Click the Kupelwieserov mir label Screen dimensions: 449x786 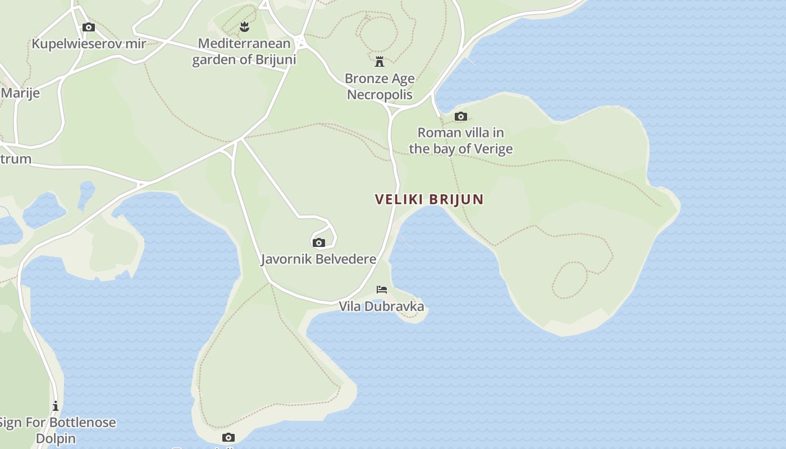click(x=89, y=44)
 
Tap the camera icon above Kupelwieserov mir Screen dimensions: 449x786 click(x=88, y=27)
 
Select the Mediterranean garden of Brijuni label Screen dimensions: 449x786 click(x=244, y=51)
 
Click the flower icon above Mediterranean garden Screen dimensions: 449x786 click(x=244, y=26)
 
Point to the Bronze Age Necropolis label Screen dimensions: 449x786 click(x=380, y=86)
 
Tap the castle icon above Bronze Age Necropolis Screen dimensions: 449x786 click(x=380, y=61)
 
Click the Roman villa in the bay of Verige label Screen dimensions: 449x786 click(x=460, y=140)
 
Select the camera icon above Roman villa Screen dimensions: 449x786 click(x=460, y=117)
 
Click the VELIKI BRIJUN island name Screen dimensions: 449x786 click(x=429, y=199)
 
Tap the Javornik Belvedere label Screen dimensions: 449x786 click(x=318, y=259)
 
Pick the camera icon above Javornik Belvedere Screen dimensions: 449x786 click(x=318, y=242)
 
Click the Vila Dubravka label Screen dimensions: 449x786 click(x=381, y=306)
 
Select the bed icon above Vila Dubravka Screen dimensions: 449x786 click(x=382, y=290)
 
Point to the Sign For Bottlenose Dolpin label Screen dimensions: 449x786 click(x=56, y=430)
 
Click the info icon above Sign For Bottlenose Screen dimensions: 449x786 click(x=56, y=406)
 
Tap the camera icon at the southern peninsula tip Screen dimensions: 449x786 click(x=228, y=437)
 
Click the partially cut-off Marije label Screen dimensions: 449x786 click(x=20, y=93)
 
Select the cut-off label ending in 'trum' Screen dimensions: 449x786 click(x=16, y=159)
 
